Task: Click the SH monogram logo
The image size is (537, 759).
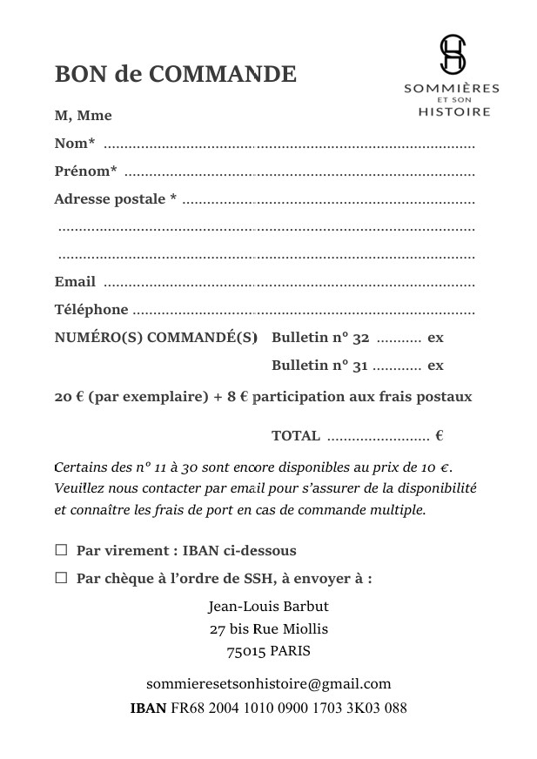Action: [x=452, y=54]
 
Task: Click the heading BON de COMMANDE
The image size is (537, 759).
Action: [x=176, y=74]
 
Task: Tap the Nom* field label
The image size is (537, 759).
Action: [x=75, y=144]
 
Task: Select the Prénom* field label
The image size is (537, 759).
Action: [x=85, y=171]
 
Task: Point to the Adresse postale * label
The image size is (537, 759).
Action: [x=115, y=199]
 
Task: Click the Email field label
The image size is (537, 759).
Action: [x=75, y=282]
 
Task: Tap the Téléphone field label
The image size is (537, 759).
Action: [x=91, y=309]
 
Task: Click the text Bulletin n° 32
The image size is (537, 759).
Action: [x=320, y=338]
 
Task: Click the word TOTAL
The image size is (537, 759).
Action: [x=296, y=436]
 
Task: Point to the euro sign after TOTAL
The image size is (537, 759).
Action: [x=440, y=436]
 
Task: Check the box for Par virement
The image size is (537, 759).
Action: [x=61, y=550]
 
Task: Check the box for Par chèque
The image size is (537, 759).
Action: [x=61, y=577]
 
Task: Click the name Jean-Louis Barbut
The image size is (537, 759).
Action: [x=268, y=606]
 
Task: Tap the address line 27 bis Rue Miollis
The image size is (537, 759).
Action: [x=268, y=628]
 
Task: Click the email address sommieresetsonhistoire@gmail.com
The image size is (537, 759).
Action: [x=269, y=683]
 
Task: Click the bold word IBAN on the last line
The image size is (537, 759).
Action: [x=148, y=708]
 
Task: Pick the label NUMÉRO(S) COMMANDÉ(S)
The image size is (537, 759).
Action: [x=156, y=338]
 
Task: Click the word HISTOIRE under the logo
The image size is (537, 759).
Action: [x=453, y=111]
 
